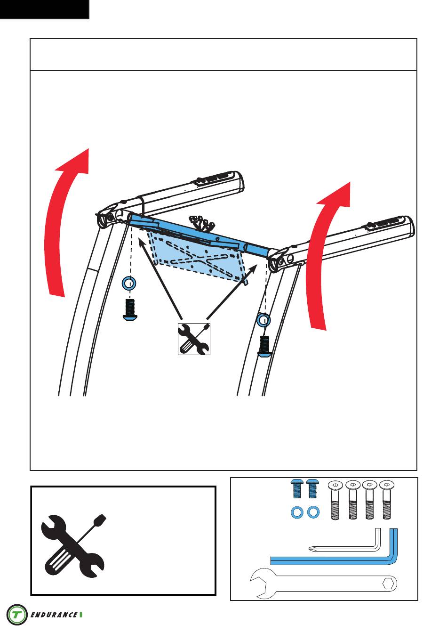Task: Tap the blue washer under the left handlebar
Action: click(x=129, y=283)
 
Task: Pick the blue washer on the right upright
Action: click(x=263, y=320)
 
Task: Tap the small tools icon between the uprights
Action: click(x=194, y=339)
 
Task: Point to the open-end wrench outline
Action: click(x=323, y=584)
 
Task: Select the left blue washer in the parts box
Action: click(x=297, y=512)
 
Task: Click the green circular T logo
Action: click(x=17, y=614)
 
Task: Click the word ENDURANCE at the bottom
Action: click(x=54, y=615)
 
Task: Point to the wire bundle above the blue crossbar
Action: click(x=202, y=223)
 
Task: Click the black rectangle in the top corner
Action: click(x=45, y=9)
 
